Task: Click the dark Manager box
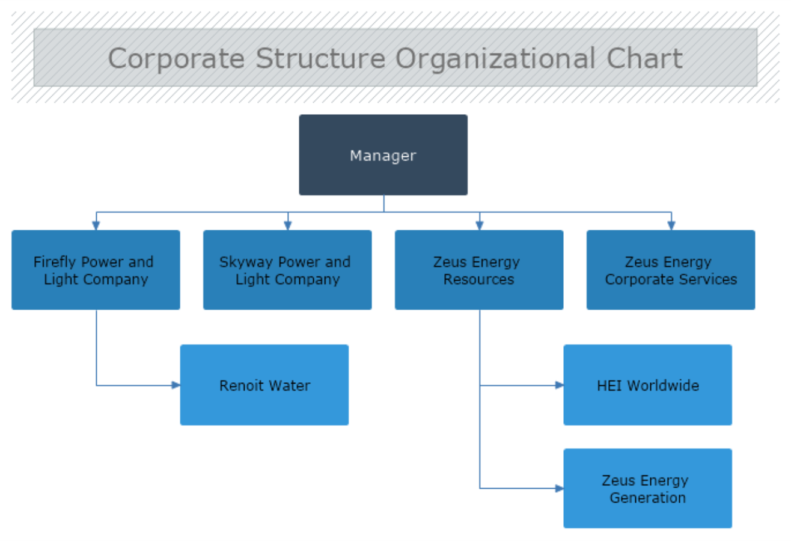pos(383,155)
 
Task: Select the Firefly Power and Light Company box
pos(96,270)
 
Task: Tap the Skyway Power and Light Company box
pos(287,270)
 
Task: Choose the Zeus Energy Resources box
pos(479,270)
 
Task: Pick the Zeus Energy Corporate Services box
pos(671,270)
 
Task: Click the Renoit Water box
pos(264,385)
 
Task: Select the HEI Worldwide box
pos(647,385)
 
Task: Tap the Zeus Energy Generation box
pos(647,489)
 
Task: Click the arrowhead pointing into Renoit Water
pos(176,385)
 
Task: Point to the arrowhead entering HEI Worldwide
pos(559,385)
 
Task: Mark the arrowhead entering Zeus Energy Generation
pos(559,489)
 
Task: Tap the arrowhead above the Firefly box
pos(96,226)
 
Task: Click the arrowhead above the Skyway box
pos(287,226)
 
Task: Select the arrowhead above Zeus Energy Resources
pos(479,226)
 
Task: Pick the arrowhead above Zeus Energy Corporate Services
pos(671,226)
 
